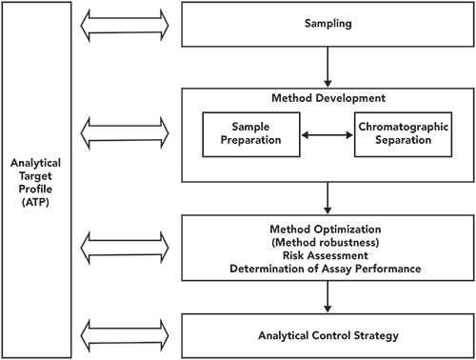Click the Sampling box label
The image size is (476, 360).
pos(327,21)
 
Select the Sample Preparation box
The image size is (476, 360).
pos(245,135)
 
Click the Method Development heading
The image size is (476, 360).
pos(327,98)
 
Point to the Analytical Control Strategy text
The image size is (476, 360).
pos(327,337)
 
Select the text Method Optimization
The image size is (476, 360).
pos(327,229)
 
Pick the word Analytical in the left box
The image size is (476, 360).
pos(36,162)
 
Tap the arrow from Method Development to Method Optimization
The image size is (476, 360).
pos(327,197)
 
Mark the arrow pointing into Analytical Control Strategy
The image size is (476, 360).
pos(327,298)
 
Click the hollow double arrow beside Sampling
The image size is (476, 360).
pos(127,21)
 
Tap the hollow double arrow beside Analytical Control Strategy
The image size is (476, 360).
pos(127,335)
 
